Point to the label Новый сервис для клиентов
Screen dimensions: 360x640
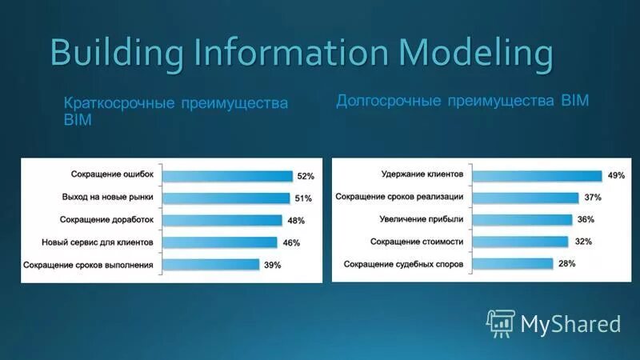pyautogui.click(x=102, y=242)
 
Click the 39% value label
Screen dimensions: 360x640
pyautogui.click(x=273, y=265)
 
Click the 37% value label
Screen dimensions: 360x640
pyautogui.click(x=593, y=198)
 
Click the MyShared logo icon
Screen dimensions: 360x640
pyautogui.click(x=500, y=322)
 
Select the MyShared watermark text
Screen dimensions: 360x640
pyautogui.click(x=570, y=323)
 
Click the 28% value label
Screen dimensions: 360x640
pyautogui.click(x=567, y=264)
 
